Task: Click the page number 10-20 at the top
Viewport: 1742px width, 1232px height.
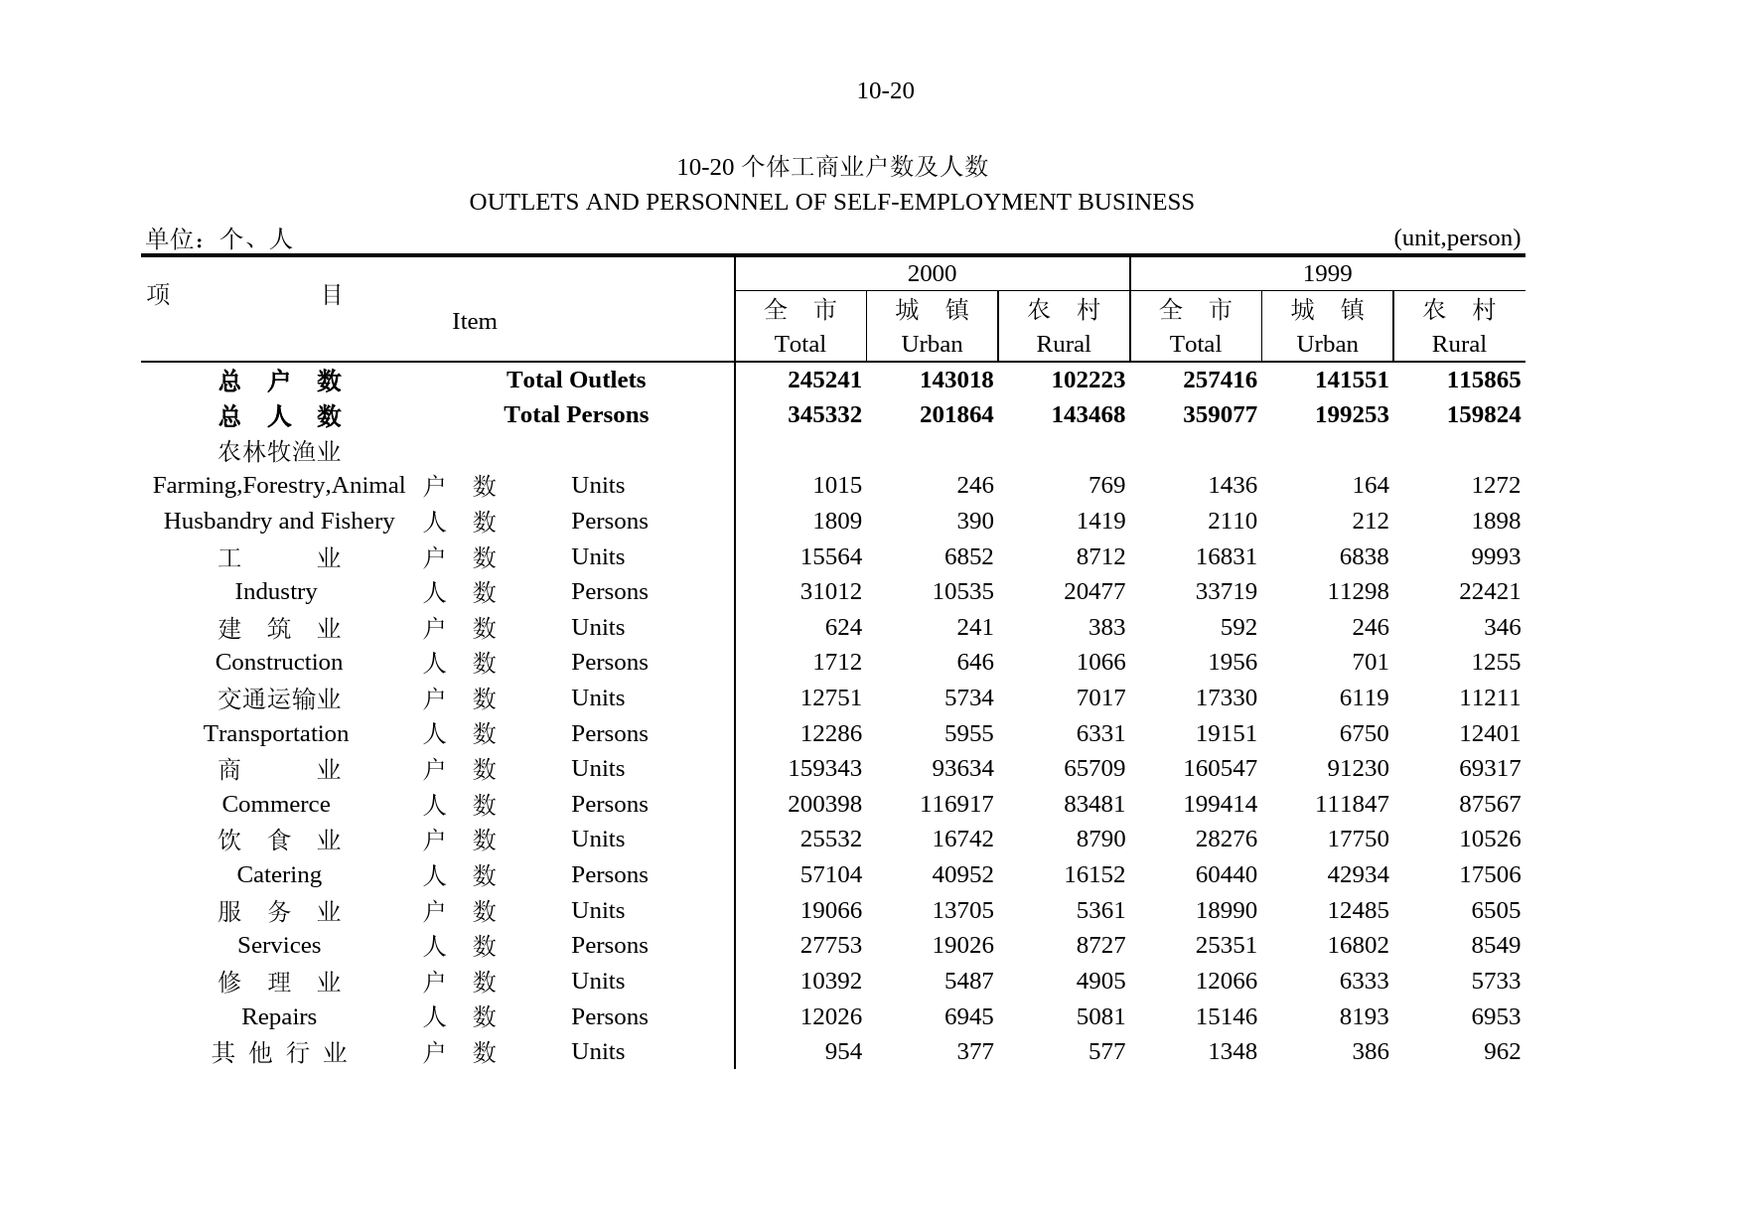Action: coord(884,91)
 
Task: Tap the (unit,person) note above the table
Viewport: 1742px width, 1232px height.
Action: coord(1456,238)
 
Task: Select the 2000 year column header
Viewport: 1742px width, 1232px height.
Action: coord(931,274)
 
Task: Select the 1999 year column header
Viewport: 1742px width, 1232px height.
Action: coord(1326,274)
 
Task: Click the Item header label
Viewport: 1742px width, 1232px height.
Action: coord(474,322)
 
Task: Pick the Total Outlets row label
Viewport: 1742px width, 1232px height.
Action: coord(575,381)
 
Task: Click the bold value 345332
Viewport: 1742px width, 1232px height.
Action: coord(823,415)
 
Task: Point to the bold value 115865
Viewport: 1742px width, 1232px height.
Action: coord(1483,381)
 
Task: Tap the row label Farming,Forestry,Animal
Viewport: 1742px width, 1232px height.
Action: coord(278,486)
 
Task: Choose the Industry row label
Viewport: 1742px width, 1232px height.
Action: coord(275,592)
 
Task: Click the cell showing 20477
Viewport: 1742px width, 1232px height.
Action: coord(1093,592)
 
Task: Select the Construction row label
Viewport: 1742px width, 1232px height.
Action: coord(278,663)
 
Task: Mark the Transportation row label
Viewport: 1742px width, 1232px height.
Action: coord(275,734)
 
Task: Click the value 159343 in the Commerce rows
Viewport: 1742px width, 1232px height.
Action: coord(823,769)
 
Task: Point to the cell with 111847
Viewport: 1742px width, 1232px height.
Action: coord(1351,805)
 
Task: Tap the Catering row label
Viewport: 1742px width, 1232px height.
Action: coord(278,875)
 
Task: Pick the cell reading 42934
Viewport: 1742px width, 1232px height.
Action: coord(1357,875)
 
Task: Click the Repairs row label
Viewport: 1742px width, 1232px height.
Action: coord(278,1017)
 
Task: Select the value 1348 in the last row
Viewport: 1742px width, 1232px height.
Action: coord(1232,1052)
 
